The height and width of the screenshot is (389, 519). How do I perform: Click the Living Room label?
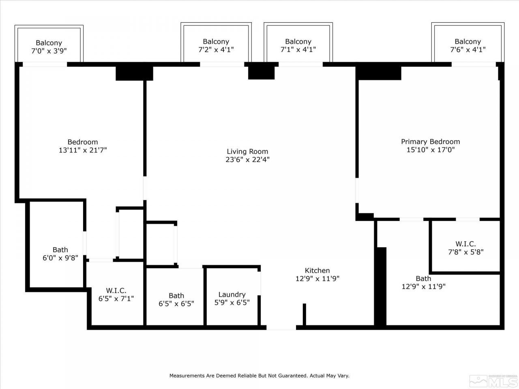(247, 152)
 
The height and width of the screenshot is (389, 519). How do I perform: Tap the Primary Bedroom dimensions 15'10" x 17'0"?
(430, 150)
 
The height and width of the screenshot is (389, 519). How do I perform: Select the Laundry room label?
(232, 295)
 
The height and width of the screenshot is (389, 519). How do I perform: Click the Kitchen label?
(317, 270)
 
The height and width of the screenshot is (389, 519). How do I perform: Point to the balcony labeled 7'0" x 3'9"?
(49, 47)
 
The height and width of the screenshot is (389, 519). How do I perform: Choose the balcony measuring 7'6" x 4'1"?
(468, 45)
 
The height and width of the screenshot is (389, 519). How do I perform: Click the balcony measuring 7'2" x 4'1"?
(216, 45)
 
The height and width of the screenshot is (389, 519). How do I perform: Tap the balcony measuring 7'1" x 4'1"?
(298, 45)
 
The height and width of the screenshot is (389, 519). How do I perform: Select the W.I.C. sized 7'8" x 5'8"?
(465, 248)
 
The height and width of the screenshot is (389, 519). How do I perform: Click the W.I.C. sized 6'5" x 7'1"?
(116, 295)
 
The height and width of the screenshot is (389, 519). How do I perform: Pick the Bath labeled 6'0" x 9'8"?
(60, 254)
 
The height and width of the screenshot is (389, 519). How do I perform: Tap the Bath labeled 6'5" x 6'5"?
(176, 299)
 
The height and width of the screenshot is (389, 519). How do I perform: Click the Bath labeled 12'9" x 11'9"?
(423, 282)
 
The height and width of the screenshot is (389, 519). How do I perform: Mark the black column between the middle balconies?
(261, 72)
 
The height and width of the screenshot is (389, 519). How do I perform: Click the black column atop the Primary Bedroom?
(378, 72)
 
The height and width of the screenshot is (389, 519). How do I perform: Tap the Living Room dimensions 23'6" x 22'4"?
(247, 160)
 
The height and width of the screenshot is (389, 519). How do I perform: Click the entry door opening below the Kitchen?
(281, 327)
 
